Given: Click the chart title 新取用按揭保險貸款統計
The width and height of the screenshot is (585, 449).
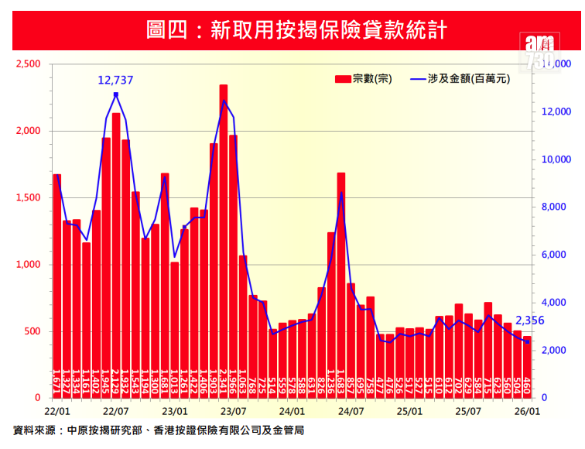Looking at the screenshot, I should click(292, 30).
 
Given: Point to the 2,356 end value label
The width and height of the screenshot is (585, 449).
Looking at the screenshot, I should click(529, 320).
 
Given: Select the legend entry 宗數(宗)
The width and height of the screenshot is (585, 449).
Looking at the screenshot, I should click(364, 78).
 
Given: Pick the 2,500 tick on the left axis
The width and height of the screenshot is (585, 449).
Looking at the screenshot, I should click(28, 64).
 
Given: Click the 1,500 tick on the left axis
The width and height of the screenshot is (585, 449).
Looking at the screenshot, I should click(28, 198).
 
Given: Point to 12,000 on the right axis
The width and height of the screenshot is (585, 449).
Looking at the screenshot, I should click(557, 112).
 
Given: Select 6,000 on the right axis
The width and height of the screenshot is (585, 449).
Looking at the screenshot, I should click(557, 255).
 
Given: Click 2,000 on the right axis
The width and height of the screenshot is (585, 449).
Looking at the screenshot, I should click(557, 351).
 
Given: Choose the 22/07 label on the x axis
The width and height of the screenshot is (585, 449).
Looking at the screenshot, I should click(115, 411).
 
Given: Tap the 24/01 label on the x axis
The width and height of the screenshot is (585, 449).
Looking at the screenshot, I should click(292, 411).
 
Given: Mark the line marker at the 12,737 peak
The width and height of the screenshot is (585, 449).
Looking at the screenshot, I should click(115, 94).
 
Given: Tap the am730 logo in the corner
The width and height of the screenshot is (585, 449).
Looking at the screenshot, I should click(538, 51).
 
